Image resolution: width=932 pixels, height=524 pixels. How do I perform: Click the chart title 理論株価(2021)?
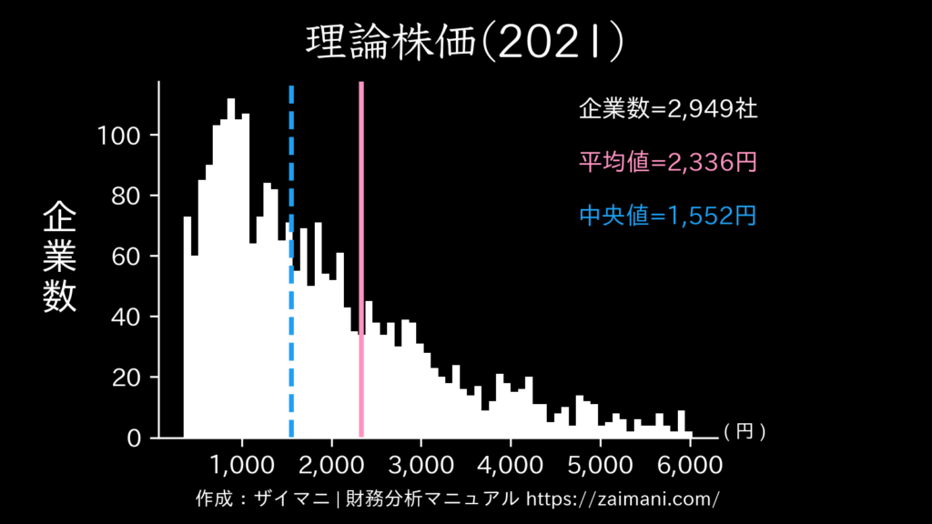pyautogui.click(x=465, y=42)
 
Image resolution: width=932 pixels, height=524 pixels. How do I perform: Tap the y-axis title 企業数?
pyautogui.click(x=60, y=257)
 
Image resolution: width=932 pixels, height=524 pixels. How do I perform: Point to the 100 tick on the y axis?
pyautogui.click(x=117, y=136)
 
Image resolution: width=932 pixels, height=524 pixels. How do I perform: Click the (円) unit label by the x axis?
pyautogui.click(x=744, y=434)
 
